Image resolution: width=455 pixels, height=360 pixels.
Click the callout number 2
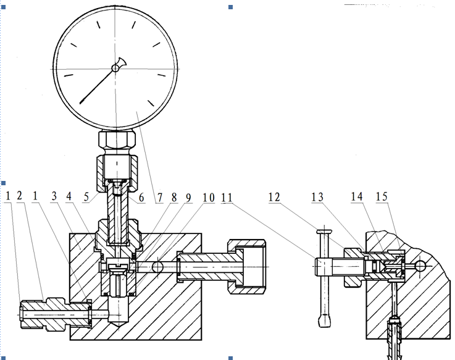click(19, 196)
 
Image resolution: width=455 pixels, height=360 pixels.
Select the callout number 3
click(54, 196)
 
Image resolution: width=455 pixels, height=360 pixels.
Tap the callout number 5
click(86, 197)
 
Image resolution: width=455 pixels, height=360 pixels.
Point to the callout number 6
click(141, 198)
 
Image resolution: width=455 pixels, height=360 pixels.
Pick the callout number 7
click(160, 198)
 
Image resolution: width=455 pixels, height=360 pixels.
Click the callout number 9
click(189, 198)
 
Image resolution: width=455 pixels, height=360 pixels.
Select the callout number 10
click(209, 198)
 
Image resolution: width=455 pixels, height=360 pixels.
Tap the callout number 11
click(227, 198)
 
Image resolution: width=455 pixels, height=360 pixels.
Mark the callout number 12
click(274, 197)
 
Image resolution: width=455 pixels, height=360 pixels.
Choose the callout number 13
click(317, 197)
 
